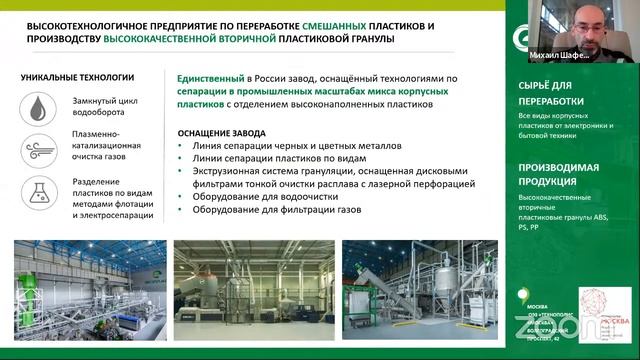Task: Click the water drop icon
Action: tap(38, 107)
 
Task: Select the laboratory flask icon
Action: tap(38, 193)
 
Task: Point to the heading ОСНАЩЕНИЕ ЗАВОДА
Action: tap(222, 132)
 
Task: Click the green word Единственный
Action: tap(210, 77)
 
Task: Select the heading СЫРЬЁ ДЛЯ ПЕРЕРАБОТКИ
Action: tap(557, 95)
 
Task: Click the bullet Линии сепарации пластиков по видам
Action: tap(258, 157)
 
